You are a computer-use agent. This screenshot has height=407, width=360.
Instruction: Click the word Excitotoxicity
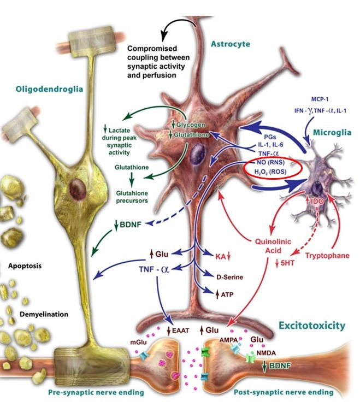pyautogui.click(x=311, y=326)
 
